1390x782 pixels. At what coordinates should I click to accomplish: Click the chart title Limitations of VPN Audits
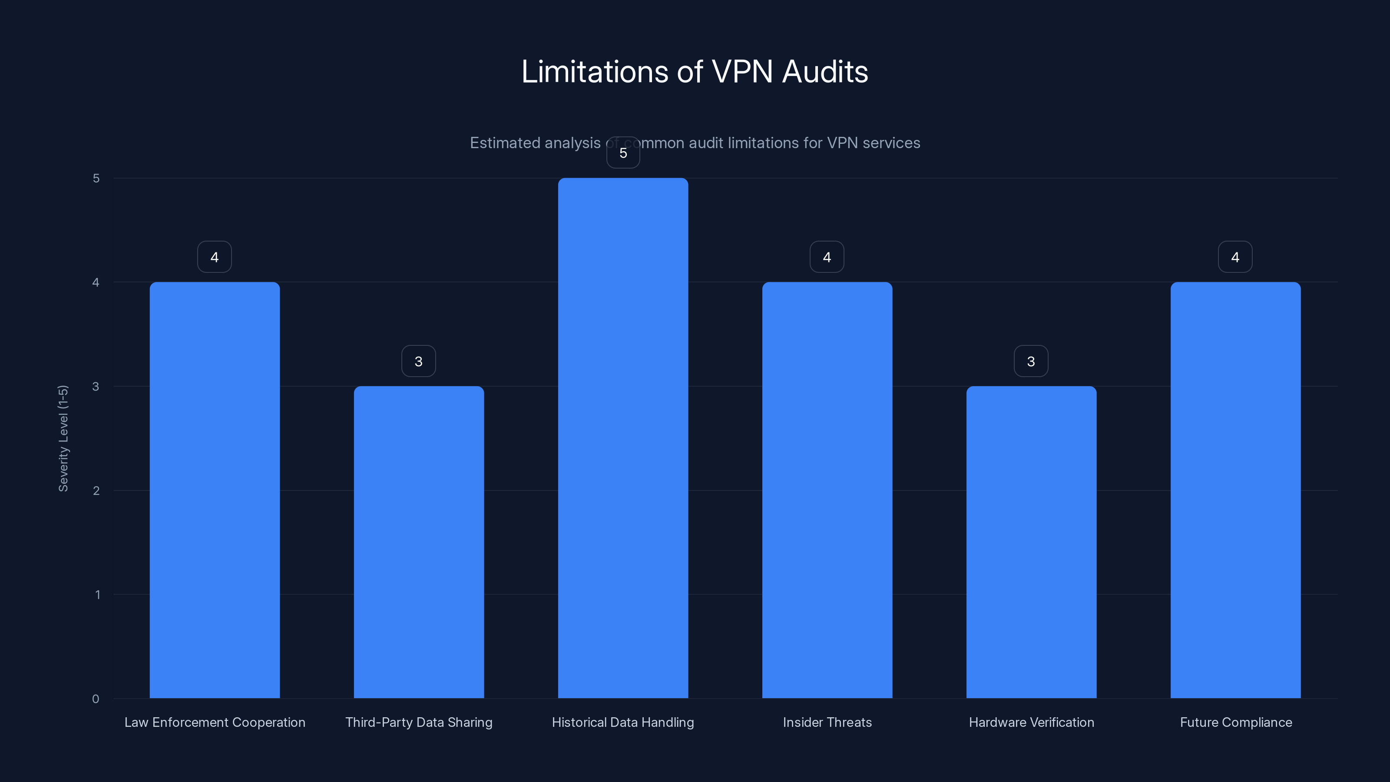tap(695, 71)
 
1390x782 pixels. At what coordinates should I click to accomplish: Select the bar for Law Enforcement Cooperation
tap(214, 490)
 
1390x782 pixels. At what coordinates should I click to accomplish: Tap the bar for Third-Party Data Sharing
tap(419, 542)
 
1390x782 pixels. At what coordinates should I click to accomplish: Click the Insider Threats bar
tap(827, 490)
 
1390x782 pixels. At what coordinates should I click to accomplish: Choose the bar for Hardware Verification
tap(1031, 542)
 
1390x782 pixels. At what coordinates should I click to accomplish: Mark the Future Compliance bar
tap(1235, 490)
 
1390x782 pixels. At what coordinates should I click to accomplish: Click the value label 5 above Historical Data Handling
tap(623, 153)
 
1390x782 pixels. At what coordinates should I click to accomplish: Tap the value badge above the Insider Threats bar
tap(827, 257)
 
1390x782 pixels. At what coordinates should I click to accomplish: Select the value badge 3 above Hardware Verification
tap(1031, 361)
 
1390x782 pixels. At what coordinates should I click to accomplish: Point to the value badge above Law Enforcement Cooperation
tap(214, 257)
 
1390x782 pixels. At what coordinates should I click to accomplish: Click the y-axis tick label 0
tap(96, 699)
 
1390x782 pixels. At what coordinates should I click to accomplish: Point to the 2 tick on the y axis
tap(96, 490)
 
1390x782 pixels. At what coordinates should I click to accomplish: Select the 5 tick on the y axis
tap(96, 178)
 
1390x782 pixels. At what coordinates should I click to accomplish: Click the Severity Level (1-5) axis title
tap(63, 438)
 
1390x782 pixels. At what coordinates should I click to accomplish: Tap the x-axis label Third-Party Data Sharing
tap(419, 722)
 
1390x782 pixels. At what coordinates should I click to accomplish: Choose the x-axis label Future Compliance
tap(1236, 722)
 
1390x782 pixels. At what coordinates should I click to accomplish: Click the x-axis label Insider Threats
tap(827, 722)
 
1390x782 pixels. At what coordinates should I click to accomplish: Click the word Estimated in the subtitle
tap(504, 143)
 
